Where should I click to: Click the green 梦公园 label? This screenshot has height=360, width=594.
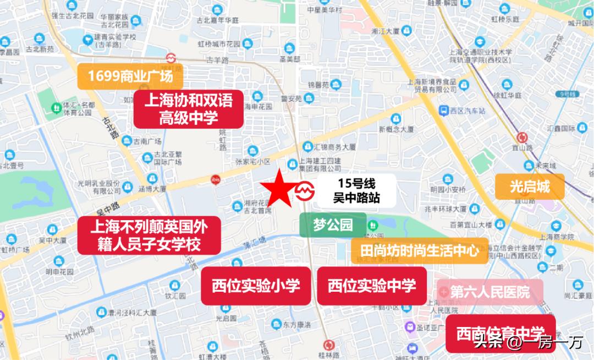pyautogui.click(x=332, y=225)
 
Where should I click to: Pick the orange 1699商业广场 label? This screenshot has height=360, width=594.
pyautogui.click(x=130, y=76)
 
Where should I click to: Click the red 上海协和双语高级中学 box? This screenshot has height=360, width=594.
pyautogui.click(x=188, y=109)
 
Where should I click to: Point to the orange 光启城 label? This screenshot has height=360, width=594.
pyautogui.click(x=530, y=187)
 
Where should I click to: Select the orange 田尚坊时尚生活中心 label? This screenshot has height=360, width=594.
pyautogui.click(x=419, y=250)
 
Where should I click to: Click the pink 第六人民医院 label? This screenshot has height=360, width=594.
pyautogui.click(x=490, y=291)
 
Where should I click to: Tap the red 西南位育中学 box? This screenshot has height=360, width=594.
pyautogui.click(x=500, y=334)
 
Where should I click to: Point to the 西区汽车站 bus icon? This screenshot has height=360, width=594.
pyautogui.click(x=443, y=111)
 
